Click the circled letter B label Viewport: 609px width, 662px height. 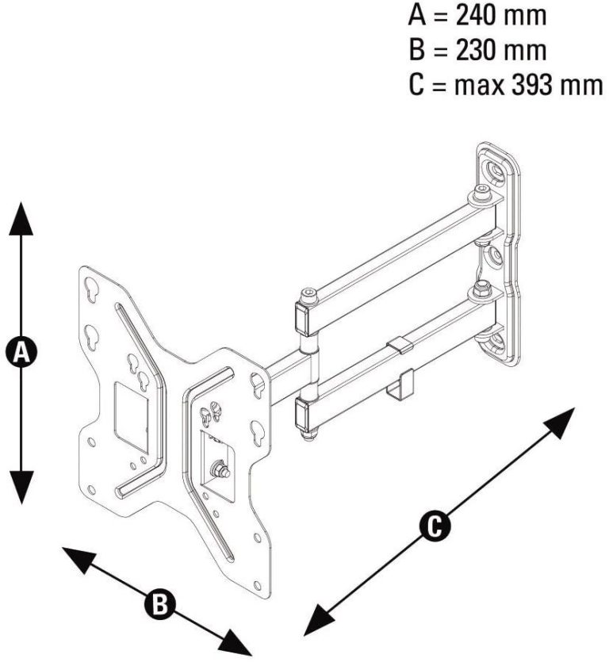[160, 604]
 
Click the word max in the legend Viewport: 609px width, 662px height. [479, 86]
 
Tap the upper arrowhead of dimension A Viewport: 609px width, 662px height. [21, 218]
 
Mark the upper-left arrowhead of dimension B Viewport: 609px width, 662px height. [79, 558]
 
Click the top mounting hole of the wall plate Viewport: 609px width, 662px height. [495, 170]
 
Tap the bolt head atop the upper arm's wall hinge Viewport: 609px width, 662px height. [481, 193]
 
